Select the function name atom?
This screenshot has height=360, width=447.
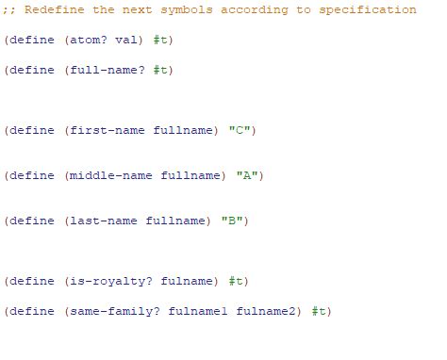[91, 40]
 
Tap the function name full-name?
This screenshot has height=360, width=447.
[107, 70]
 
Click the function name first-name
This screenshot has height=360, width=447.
[107, 130]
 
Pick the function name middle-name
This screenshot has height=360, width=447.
[110, 175]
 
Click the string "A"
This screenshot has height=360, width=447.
[251, 175]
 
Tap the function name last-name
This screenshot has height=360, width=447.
[103, 221]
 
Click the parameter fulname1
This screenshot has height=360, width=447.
[198, 311]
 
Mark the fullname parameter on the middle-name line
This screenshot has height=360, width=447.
[190, 175]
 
